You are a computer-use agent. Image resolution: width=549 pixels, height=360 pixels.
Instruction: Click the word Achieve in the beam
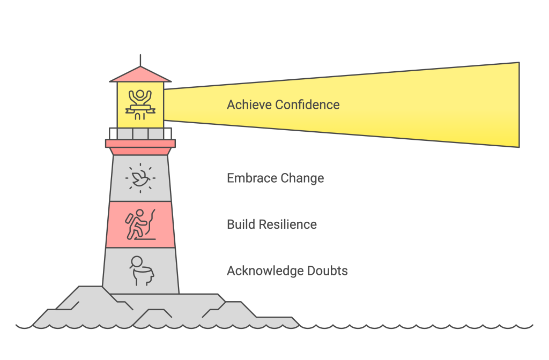[249, 104]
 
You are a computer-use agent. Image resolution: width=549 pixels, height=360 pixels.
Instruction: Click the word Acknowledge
[265, 271]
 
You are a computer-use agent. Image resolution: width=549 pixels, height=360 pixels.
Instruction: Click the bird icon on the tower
[140, 178]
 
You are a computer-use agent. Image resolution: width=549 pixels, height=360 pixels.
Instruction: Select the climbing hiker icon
[140, 224]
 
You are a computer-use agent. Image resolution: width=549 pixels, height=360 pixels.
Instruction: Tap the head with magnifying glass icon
[142, 271]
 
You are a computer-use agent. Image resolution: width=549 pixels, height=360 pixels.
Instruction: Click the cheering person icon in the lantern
[140, 104]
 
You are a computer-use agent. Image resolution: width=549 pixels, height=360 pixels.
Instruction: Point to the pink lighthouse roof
[140, 74]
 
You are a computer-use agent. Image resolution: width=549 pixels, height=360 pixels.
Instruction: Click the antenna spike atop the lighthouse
[140, 60]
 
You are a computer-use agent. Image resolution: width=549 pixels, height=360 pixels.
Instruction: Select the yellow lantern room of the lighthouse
[140, 105]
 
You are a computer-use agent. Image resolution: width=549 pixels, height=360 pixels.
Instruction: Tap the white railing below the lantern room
[140, 133]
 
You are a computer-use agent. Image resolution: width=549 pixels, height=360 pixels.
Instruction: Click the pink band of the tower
[140, 224]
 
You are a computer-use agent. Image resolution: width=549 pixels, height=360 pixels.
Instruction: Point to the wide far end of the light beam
[519, 105]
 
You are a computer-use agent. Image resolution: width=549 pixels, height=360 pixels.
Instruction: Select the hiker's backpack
[129, 219]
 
